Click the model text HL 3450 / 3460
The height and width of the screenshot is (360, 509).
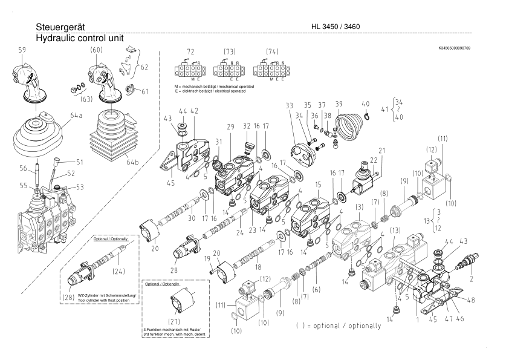[x=336, y=28]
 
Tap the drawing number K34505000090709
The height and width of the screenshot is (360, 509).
[x=455, y=47]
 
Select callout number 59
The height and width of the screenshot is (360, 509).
[x=22, y=50]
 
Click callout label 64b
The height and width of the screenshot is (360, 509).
[x=132, y=161]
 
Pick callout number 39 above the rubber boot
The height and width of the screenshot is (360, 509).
[x=339, y=104]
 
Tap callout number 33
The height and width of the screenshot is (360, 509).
[x=289, y=105]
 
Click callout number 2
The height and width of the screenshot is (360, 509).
[x=471, y=280]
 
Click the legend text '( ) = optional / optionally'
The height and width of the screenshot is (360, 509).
[x=339, y=326]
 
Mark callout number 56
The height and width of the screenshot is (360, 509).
[x=24, y=168]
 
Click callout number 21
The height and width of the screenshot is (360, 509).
[x=381, y=151]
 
